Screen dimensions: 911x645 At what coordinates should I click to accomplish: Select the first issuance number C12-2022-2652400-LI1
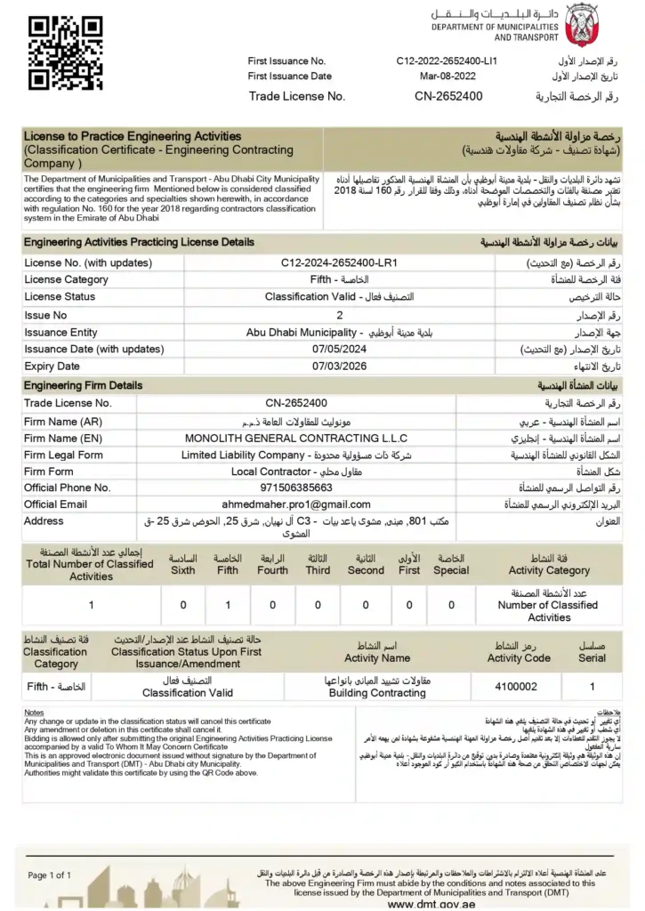coord(447,60)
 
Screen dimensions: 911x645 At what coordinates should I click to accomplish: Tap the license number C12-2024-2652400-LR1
coord(338,263)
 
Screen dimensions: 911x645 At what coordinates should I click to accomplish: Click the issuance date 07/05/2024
coord(340,349)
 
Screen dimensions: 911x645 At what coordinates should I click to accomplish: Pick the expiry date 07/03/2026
coord(340,366)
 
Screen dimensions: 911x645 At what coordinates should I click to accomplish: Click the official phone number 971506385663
coord(309,488)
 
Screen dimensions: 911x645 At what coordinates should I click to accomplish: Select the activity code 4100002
coord(516,687)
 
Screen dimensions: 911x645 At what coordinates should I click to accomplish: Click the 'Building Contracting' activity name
coord(377,693)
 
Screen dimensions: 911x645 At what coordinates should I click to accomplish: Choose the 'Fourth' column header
coord(272,570)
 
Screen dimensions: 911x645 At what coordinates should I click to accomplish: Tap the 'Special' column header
coord(451,570)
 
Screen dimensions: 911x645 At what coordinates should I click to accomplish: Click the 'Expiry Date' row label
coord(52,366)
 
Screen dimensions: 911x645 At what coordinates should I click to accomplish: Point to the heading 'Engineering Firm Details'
coord(83,386)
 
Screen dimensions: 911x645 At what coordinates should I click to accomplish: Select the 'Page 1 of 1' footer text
coord(50,875)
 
